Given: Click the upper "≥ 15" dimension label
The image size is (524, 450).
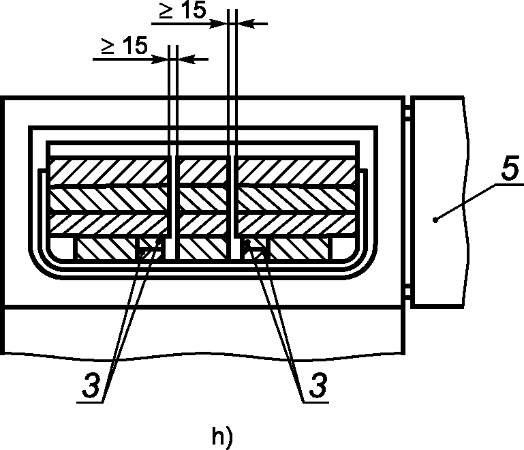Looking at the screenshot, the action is [182, 10].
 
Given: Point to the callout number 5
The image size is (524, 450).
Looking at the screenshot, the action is [510, 168].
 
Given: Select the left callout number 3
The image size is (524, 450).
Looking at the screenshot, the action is [91, 385].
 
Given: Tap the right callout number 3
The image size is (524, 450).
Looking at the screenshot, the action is [318, 385].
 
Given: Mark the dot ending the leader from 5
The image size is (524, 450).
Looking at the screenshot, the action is [435, 220].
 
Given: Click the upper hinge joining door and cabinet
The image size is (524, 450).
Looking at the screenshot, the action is [408, 112].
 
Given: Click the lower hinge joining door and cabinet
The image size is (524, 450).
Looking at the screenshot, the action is [408, 292].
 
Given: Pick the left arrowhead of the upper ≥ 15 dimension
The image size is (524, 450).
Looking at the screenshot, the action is [219, 24].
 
